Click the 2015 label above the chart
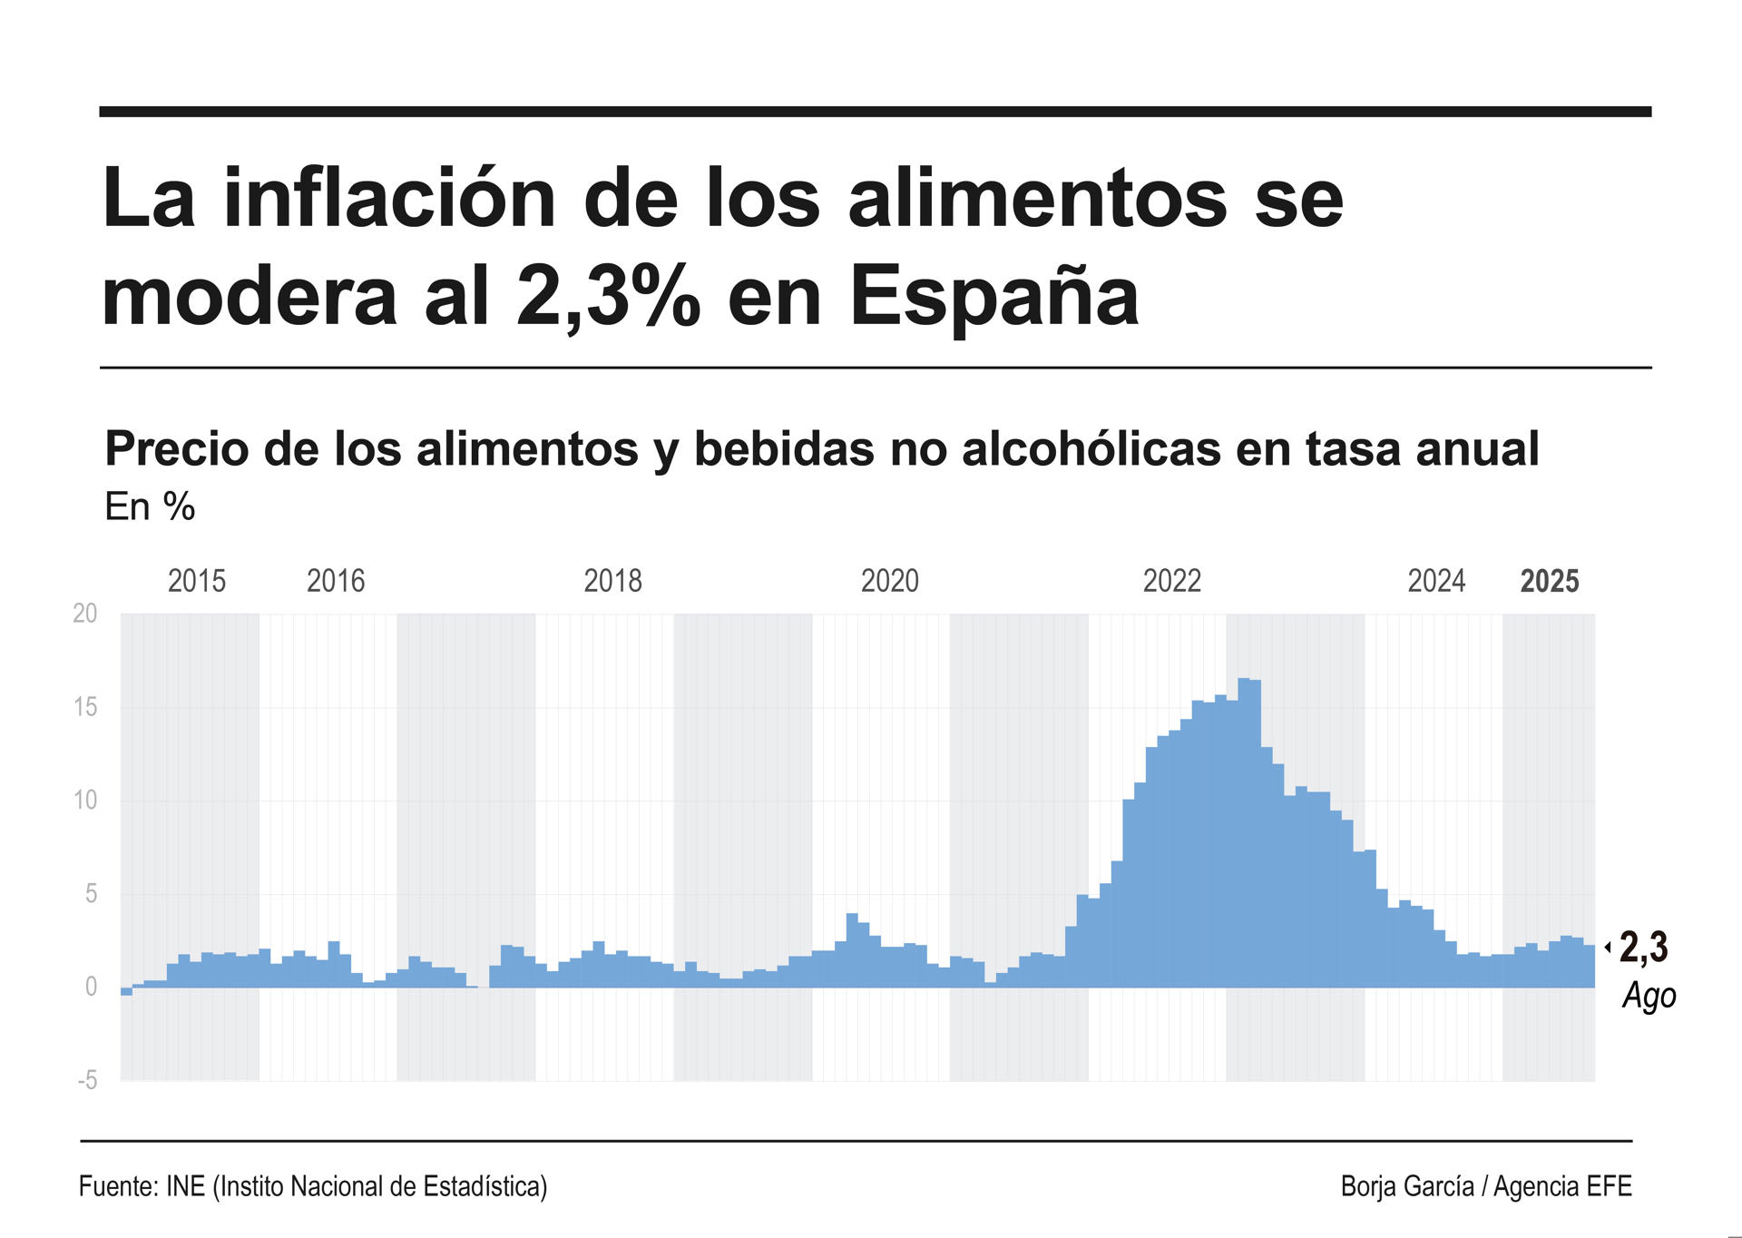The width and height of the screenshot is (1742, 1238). (x=197, y=581)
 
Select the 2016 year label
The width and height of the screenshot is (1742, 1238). (x=336, y=581)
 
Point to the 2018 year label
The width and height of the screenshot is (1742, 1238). (x=612, y=581)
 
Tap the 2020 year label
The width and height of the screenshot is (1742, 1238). (x=889, y=581)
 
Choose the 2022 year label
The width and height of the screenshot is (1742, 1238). (x=1171, y=581)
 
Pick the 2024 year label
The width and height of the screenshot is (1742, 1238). (x=1436, y=581)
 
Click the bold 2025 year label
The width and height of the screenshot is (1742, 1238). (x=1550, y=581)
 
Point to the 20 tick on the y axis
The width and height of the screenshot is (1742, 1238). (x=84, y=614)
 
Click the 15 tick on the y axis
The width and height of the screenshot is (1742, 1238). (x=84, y=707)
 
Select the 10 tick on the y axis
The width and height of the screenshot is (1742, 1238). (x=84, y=801)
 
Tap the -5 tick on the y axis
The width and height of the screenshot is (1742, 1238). (x=87, y=1080)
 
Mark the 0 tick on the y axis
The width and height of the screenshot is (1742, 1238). (x=91, y=987)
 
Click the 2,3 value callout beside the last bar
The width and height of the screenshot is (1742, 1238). (x=1643, y=948)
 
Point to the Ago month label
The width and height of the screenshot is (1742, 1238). (x=1649, y=996)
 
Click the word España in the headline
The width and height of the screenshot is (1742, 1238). (x=993, y=297)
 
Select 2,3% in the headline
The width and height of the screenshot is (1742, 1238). (x=609, y=297)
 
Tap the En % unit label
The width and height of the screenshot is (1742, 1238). (x=150, y=506)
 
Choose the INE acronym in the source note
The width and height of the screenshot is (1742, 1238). (x=185, y=1186)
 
